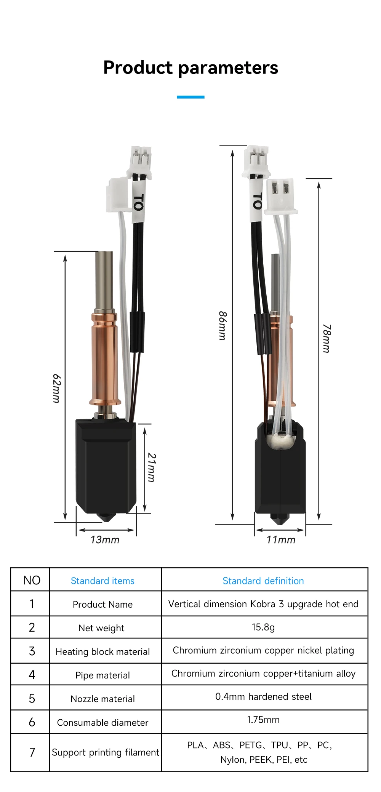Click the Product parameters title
point(190,68)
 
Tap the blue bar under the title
point(190,97)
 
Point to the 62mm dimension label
point(56,388)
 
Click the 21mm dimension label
point(152,467)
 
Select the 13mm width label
point(105,540)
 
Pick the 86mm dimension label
point(223,326)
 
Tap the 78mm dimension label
point(327,338)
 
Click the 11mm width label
point(281,540)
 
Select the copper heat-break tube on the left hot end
point(104,358)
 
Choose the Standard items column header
point(102,581)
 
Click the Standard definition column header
point(263,581)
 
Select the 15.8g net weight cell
point(263,627)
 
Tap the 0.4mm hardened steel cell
point(263,696)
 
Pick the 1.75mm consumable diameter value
point(263,720)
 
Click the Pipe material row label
point(102,675)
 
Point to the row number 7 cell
point(32,752)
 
